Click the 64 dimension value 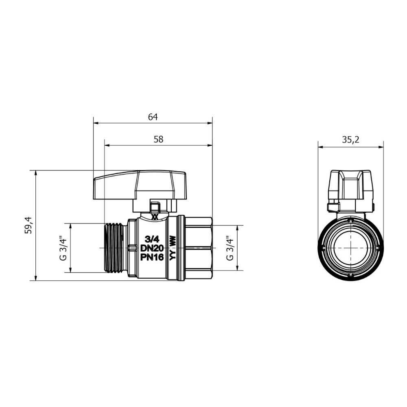click(x=153, y=117)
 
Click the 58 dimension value click(x=158, y=139)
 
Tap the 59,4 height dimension click(x=28, y=225)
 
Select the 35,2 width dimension click(x=350, y=140)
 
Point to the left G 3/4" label click(x=63, y=248)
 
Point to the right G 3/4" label click(x=230, y=248)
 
